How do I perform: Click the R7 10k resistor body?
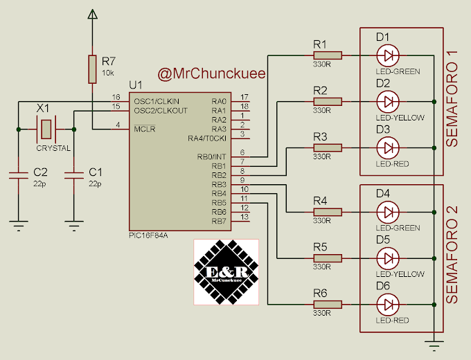click(92, 69)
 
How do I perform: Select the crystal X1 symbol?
click(46, 129)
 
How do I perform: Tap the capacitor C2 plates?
click(19, 176)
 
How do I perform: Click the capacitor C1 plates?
click(74, 176)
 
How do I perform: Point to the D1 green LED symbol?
click(388, 55)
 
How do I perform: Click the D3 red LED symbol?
click(388, 148)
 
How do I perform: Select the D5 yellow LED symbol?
click(388, 258)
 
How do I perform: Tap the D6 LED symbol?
click(388, 305)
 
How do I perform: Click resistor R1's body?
click(328, 55)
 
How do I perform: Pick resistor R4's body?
click(328, 213)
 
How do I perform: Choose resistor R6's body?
click(328, 305)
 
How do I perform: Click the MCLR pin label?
click(145, 129)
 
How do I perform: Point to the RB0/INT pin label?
click(211, 156)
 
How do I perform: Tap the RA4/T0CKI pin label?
click(207, 138)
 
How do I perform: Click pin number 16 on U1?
click(116, 97)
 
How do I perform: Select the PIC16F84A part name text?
click(148, 235)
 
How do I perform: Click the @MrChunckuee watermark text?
click(211, 73)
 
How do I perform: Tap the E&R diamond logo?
click(226, 272)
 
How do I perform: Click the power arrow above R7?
click(93, 14)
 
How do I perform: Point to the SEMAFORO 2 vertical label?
click(452, 255)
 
